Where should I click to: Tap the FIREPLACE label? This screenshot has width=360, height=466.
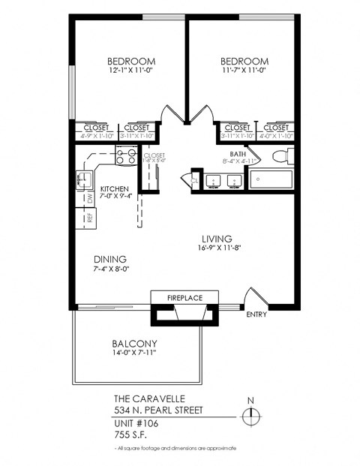(184, 298)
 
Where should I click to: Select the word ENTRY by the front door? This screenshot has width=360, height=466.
(256, 314)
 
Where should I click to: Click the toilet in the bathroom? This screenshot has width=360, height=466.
(280, 158)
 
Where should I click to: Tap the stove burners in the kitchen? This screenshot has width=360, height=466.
(125, 157)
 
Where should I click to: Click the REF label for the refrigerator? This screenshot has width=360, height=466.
(89, 218)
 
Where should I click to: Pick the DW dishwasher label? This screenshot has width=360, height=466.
(89, 198)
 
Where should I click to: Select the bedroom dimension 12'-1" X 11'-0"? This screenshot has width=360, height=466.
(130, 70)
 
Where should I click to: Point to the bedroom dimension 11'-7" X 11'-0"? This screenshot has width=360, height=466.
(244, 70)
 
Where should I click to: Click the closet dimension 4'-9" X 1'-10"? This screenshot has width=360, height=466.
(95, 136)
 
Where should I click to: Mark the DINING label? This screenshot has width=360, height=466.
(109, 259)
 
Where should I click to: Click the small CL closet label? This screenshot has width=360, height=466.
(194, 180)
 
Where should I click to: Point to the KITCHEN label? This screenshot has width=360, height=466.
(115, 189)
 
